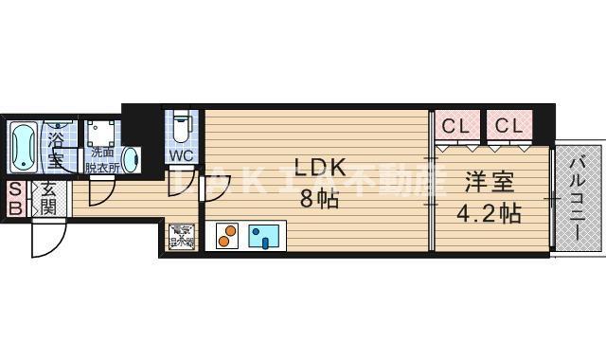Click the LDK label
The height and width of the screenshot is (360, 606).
(x=318, y=169)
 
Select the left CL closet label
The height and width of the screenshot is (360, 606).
(x=455, y=125)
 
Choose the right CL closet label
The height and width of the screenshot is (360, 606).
(x=508, y=125)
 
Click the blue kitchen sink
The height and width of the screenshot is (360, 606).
(x=266, y=236)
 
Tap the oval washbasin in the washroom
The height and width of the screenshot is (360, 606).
(x=131, y=159)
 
